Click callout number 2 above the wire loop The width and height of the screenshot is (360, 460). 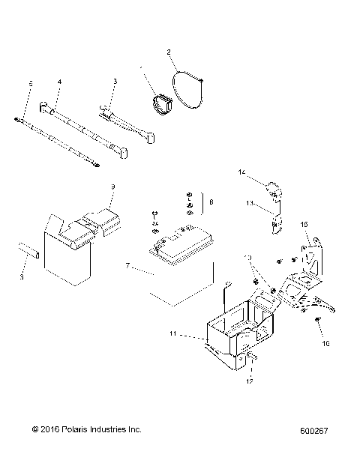coord(169,52)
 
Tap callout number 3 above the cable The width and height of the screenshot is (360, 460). coord(115,81)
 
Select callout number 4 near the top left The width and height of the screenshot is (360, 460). coord(59,81)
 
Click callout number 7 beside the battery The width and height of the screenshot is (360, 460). coord(127,265)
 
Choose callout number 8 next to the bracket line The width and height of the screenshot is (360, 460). coord(211,202)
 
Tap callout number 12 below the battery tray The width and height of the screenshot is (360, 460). coord(249,381)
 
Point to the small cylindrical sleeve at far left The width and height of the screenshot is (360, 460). coord(28,249)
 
